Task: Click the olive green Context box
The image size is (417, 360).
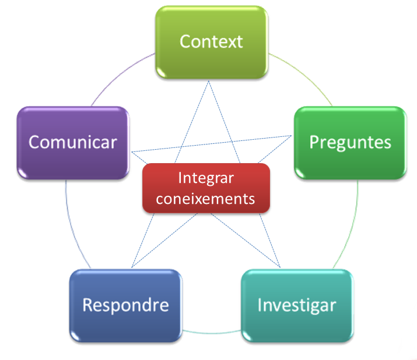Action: (x=211, y=42)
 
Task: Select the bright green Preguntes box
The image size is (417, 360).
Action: (x=350, y=142)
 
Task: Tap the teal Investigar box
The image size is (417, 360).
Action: (x=296, y=305)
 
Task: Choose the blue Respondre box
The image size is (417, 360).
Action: (x=125, y=305)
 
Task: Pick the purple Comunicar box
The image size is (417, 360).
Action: (x=73, y=142)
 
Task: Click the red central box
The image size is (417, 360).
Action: (x=206, y=188)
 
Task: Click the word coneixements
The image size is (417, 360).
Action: (x=206, y=198)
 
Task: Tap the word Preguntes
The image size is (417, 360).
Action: (x=350, y=142)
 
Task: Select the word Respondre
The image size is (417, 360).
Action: (x=125, y=305)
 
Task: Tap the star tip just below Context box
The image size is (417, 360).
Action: (x=211, y=81)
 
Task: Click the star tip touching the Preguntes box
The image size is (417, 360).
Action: (x=291, y=136)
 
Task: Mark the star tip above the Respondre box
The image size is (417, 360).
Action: (x=133, y=267)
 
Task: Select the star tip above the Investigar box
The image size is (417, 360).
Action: (x=281, y=267)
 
